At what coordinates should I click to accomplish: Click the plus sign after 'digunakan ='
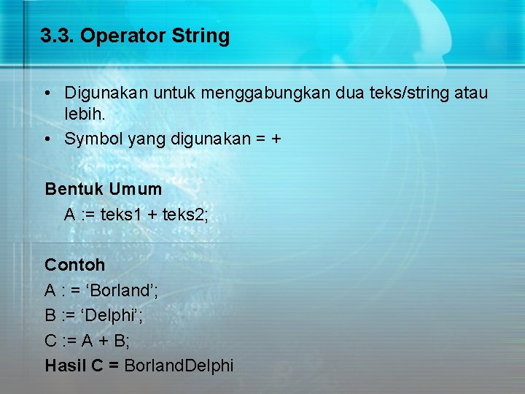coord(276,139)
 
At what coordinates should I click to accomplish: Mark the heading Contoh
coord(75,265)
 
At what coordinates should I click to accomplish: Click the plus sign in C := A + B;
coord(103,341)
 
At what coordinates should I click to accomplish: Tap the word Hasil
coord(65,366)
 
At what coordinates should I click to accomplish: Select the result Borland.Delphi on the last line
coord(179,366)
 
